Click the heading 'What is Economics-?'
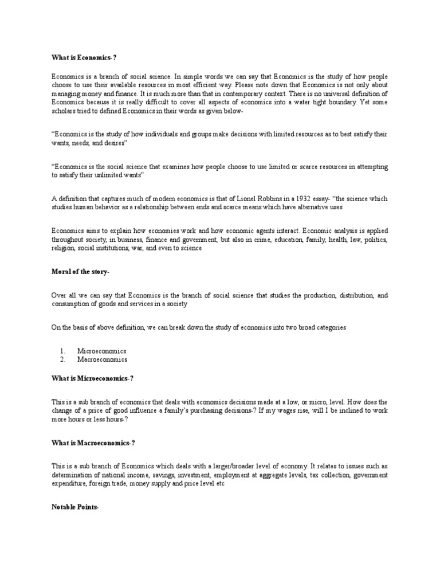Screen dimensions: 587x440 (x=80, y=57)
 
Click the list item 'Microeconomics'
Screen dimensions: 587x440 (x=102, y=350)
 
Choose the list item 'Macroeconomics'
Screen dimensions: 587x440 (x=103, y=359)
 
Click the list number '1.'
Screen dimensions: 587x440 (x=63, y=350)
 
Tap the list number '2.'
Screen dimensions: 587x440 (x=63, y=359)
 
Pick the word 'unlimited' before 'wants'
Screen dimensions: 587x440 (x=109, y=175)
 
